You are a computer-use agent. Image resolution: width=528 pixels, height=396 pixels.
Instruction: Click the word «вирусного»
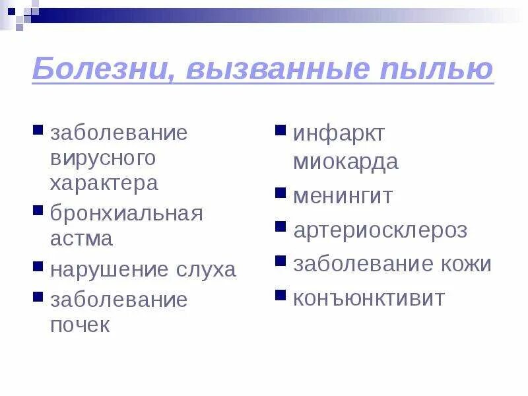pos(103,158)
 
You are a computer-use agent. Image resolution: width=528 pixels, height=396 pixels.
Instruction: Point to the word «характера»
pos(104,183)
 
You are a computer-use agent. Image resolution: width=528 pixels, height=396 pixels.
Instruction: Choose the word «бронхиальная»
pos(127,214)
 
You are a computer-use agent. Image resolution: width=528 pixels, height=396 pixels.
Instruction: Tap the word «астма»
pos(82,238)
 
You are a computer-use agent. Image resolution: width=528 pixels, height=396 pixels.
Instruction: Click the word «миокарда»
pos(346,162)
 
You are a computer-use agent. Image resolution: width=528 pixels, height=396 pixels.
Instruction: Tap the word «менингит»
pos(343,196)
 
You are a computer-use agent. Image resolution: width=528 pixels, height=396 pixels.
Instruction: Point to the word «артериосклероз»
pos(380,230)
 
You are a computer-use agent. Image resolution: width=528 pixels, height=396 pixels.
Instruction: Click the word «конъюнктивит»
pos(369,298)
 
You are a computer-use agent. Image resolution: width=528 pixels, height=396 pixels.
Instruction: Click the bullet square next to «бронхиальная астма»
pos(38,211)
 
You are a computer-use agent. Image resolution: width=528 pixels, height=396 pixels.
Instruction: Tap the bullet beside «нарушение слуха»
pos(38,266)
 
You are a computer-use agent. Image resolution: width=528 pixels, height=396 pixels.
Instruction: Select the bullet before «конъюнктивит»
pos(280,294)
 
